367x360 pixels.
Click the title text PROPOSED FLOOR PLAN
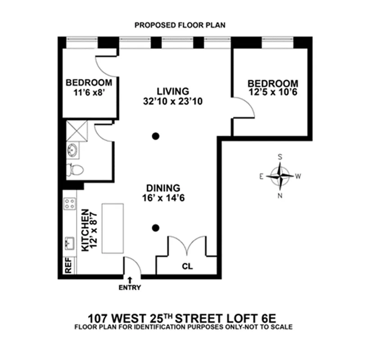tap(180, 25)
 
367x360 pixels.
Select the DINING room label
tap(163, 188)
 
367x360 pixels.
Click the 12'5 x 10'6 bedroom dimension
tap(272, 93)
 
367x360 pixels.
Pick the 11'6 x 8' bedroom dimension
tap(89, 92)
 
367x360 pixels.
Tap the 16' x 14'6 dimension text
tap(163, 198)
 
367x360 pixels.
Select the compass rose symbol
tap(280, 176)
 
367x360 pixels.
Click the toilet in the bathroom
tap(75, 170)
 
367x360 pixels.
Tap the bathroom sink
tap(72, 150)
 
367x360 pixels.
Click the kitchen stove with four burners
tap(70, 204)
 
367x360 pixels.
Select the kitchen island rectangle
tap(113, 229)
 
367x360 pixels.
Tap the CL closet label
tap(187, 266)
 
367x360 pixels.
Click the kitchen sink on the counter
tap(70, 243)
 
